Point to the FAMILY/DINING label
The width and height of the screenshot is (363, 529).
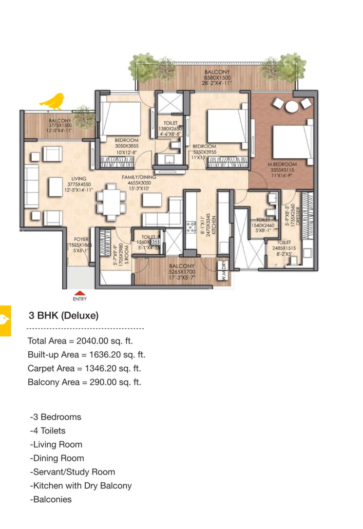click(x=139, y=177)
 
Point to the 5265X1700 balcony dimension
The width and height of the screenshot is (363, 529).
click(x=182, y=272)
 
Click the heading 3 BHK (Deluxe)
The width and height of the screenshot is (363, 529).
click(x=63, y=316)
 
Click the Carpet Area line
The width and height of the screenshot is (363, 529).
click(x=84, y=368)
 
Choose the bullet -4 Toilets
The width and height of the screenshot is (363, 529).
click(x=47, y=431)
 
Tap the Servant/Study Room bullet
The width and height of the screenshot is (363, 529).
click(x=73, y=472)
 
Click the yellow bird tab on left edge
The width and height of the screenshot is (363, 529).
click(x=5, y=320)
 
